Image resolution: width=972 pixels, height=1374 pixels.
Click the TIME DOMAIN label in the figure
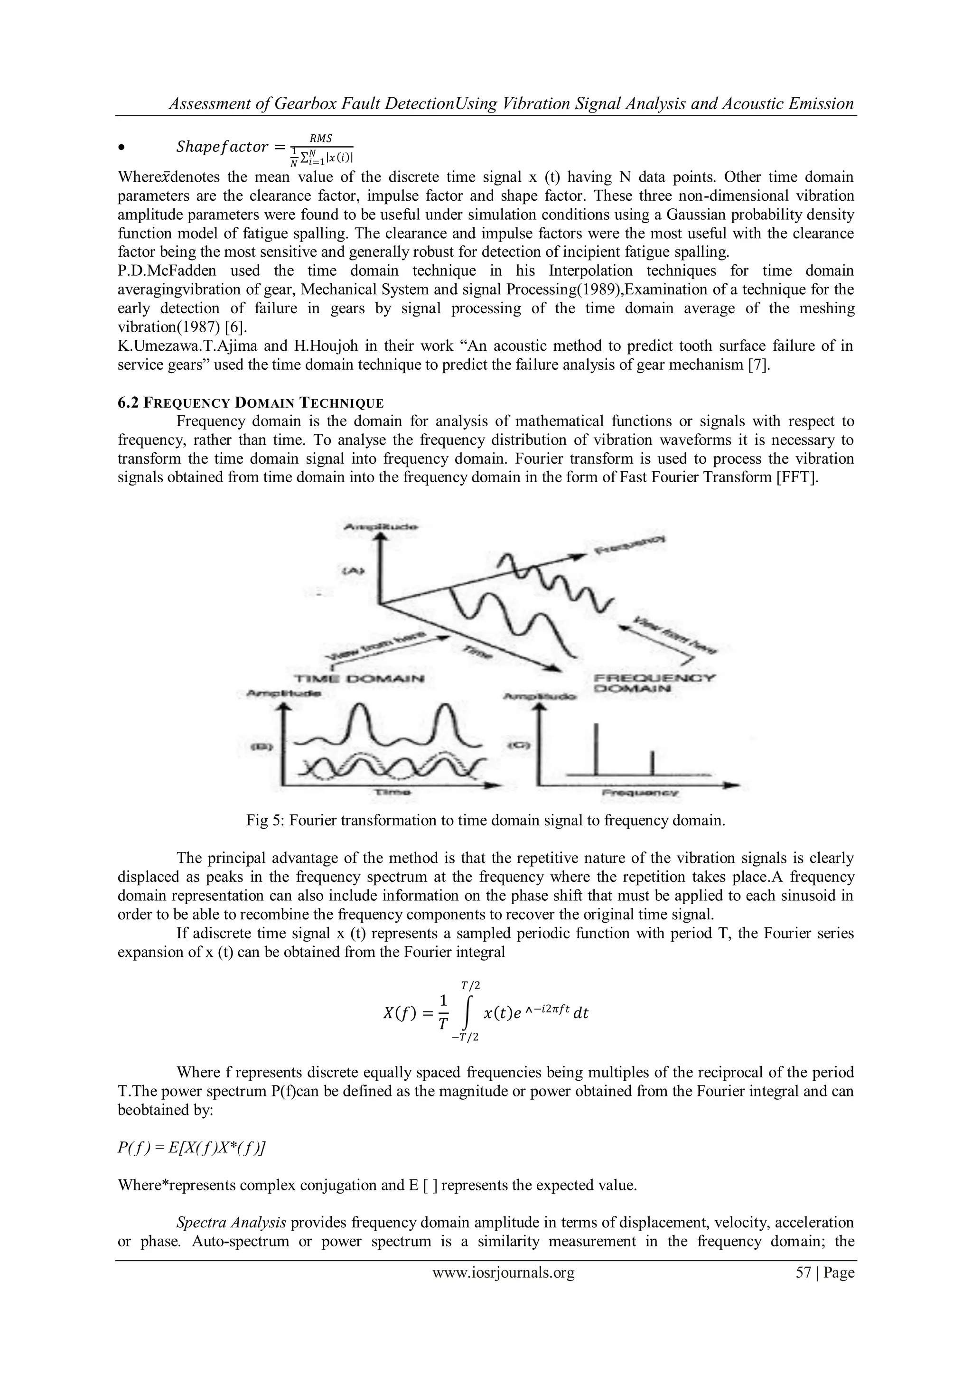360,679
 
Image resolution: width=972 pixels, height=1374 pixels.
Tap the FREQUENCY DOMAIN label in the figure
655,683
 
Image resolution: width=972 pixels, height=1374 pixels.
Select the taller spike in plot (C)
596,748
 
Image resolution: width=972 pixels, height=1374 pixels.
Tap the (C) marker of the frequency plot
516,745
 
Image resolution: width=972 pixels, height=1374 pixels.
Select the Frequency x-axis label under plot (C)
639,792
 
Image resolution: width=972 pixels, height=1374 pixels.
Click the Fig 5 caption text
486,820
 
